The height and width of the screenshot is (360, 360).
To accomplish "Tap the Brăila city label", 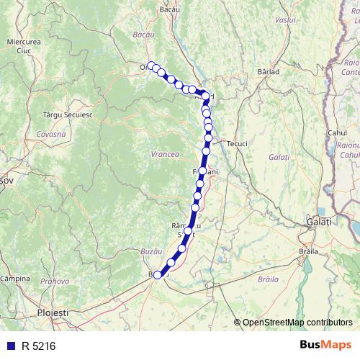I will click(308, 251).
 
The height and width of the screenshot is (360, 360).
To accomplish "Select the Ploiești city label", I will click(53, 314).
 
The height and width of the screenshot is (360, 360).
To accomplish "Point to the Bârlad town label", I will click(268, 72).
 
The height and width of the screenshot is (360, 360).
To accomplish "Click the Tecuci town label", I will click(237, 144).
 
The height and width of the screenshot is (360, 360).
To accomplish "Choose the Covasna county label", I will click(51, 135).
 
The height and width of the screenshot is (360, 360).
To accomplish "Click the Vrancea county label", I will click(165, 154).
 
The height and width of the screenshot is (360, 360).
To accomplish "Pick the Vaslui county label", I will click(285, 20).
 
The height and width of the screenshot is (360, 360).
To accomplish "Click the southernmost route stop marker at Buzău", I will click(158, 274).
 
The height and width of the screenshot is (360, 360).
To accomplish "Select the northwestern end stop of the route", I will click(150, 66).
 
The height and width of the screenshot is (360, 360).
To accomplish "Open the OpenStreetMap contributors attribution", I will click(297, 323).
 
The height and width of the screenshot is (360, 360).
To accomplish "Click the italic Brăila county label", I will click(266, 278).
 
